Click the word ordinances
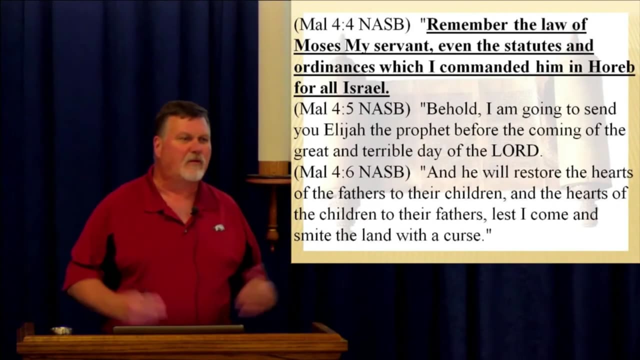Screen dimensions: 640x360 [334, 67]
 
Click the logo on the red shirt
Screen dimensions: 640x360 [218, 227]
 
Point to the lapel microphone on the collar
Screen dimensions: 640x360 [194, 211]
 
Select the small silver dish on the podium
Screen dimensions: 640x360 [61, 330]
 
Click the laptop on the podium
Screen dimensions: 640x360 [178, 329]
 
